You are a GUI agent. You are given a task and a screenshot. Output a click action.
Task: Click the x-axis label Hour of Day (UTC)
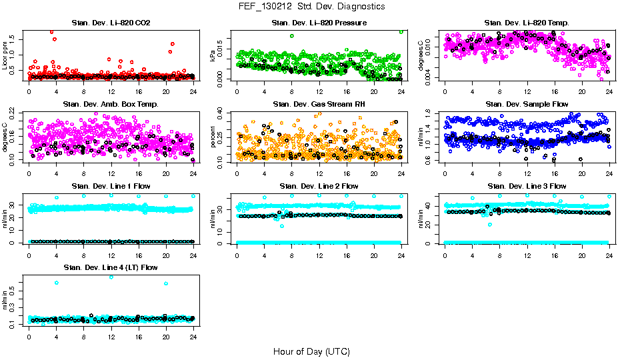pos(311,351)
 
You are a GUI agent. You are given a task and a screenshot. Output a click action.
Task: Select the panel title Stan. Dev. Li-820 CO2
pos(111,23)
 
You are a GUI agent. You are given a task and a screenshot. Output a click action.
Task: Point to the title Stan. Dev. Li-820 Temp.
pos(527,23)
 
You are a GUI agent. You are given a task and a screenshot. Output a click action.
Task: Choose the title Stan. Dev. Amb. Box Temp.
pos(111,105)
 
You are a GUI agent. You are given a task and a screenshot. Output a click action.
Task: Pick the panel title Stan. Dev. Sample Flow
pos(527,105)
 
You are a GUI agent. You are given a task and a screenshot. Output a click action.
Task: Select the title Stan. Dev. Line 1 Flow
pos(111,186)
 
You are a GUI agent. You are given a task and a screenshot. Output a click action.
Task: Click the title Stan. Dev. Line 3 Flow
pos(527,186)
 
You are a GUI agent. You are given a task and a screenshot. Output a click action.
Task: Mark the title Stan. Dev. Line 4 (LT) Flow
pos(111,267)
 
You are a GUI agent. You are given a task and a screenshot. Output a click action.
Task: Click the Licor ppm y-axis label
pos(5,55)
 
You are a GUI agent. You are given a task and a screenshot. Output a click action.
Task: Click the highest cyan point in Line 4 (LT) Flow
pos(111,277)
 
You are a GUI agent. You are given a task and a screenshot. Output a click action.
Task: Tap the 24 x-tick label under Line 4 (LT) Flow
pos(193,337)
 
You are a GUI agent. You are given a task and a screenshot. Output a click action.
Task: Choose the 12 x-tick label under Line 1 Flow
pos(111,255)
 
